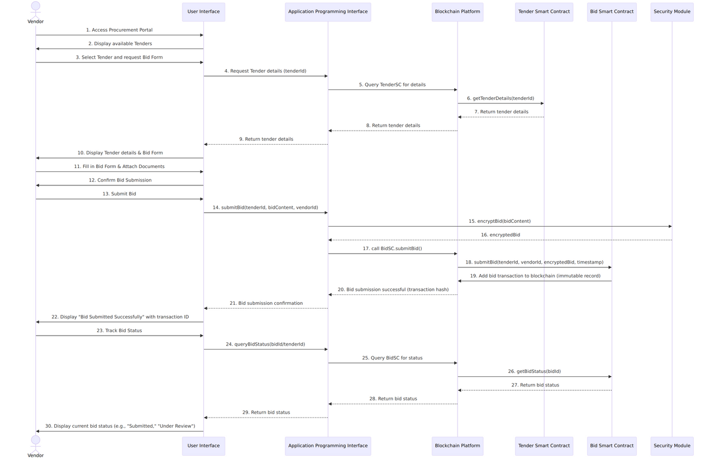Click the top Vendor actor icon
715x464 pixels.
coord(35,10)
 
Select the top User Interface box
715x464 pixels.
coord(204,12)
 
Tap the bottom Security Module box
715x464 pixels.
coord(672,446)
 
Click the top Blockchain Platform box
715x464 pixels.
coord(457,12)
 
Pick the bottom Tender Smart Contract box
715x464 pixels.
coord(544,446)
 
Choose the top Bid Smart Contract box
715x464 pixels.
coord(612,12)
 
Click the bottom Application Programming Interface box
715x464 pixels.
coord(328,446)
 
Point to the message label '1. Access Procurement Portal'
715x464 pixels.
coord(120,30)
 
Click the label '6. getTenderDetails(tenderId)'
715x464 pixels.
coord(500,98)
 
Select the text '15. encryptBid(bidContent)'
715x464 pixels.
coord(499,221)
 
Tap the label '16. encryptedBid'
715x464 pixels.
coord(500,235)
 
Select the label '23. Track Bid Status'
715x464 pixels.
coord(120,331)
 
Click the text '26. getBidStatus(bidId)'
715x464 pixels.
coord(535,371)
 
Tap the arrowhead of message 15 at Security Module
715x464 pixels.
coord(670,226)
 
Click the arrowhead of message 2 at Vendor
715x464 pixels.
coord(37,49)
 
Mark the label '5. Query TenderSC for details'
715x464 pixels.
coord(392,84)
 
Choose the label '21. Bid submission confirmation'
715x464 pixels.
coord(266,303)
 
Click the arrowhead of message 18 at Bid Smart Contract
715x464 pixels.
coord(610,267)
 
